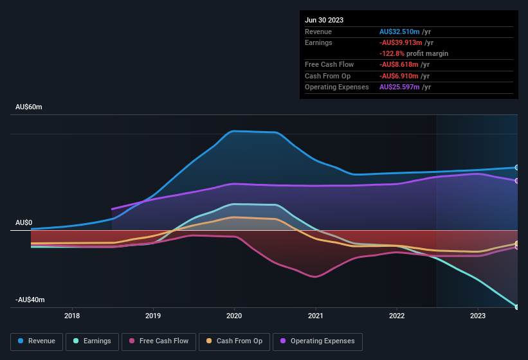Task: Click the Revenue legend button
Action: coord(37,341)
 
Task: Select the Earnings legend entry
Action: coord(92,341)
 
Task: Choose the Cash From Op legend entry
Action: coord(234,341)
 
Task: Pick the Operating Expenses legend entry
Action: coord(318,341)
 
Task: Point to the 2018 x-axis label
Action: coord(72,316)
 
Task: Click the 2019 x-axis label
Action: coord(153,316)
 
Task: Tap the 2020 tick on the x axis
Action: coord(234,316)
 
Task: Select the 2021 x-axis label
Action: coord(315,316)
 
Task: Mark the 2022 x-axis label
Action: coord(397,316)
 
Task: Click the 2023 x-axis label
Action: coord(478,316)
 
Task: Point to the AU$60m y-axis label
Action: coord(29,107)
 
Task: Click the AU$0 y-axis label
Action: coord(24,222)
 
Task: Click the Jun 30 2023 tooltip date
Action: coord(324,20)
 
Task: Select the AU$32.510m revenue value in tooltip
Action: coord(400,32)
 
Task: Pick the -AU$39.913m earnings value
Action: coord(400,42)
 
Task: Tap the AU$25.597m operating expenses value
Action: coord(400,87)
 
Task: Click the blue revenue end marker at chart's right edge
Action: coord(517,168)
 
